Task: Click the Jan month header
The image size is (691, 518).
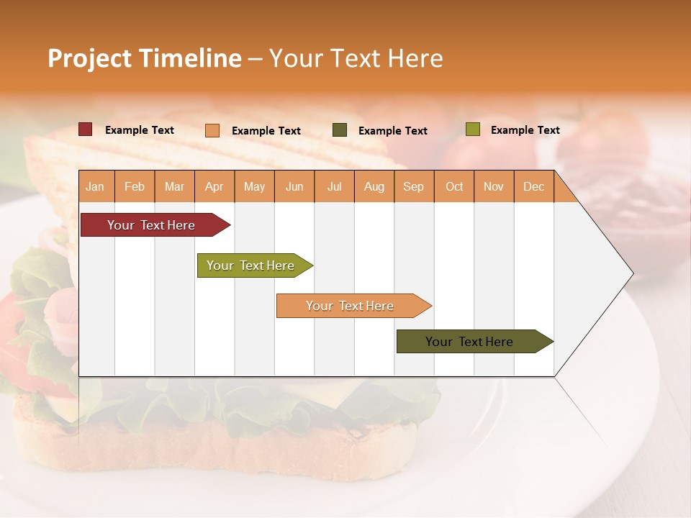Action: point(95,187)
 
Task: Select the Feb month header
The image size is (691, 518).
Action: point(135,187)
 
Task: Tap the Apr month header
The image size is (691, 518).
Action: point(214,187)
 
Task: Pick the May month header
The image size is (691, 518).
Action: point(254,187)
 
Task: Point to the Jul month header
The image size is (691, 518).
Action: point(334,187)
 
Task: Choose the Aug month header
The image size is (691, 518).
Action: point(374,187)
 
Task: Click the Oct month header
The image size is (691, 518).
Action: point(454,187)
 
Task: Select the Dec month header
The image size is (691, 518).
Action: point(533,187)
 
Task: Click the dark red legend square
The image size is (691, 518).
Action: point(86,129)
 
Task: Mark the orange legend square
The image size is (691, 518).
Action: point(212,130)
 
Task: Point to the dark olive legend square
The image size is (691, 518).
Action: point(340,130)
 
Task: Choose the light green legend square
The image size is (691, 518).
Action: point(472,129)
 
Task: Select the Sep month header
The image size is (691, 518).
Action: point(413,187)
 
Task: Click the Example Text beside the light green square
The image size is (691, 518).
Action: point(525,130)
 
